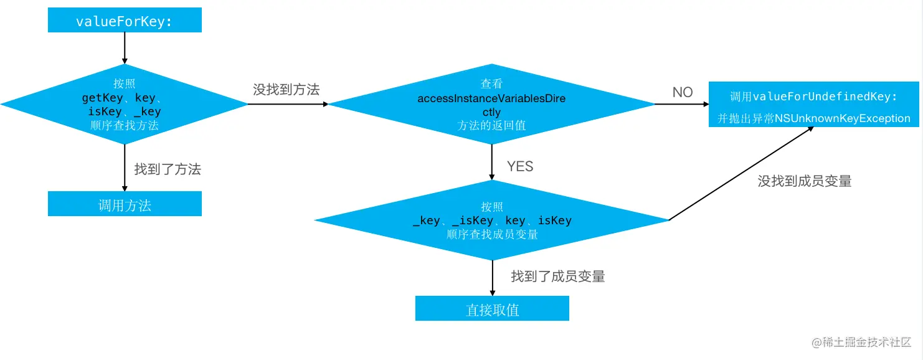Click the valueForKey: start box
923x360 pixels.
click(x=125, y=21)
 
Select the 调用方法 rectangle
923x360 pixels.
click(x=125, y=204)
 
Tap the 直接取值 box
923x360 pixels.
click(x=492, y=308)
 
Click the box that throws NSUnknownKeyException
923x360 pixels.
click(x=813, y=105)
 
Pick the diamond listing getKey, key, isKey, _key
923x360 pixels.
click(x=125, y=104)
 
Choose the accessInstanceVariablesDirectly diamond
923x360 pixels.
click(x=492, y=104)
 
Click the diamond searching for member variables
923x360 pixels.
click(x=492, y=220)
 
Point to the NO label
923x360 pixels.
click(x=683, y=92)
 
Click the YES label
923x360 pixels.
click(x=520, y=166)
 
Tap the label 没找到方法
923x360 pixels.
click(x=286, y=90)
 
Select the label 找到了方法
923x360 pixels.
click(x=168, y=169)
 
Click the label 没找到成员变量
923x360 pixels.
click(x=804, y=181)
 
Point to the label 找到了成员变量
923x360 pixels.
click(x=558, y=277)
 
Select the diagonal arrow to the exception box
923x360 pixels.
click(x=741, y=174)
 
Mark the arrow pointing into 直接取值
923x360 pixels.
click(x=493, y=278)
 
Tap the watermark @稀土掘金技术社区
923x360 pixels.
click(x=861, y=343)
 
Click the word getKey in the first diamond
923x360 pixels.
click(x=101, y=98)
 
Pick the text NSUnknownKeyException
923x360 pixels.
click(x=843, y=118)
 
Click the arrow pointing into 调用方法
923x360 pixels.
click(x=125, y=168)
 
